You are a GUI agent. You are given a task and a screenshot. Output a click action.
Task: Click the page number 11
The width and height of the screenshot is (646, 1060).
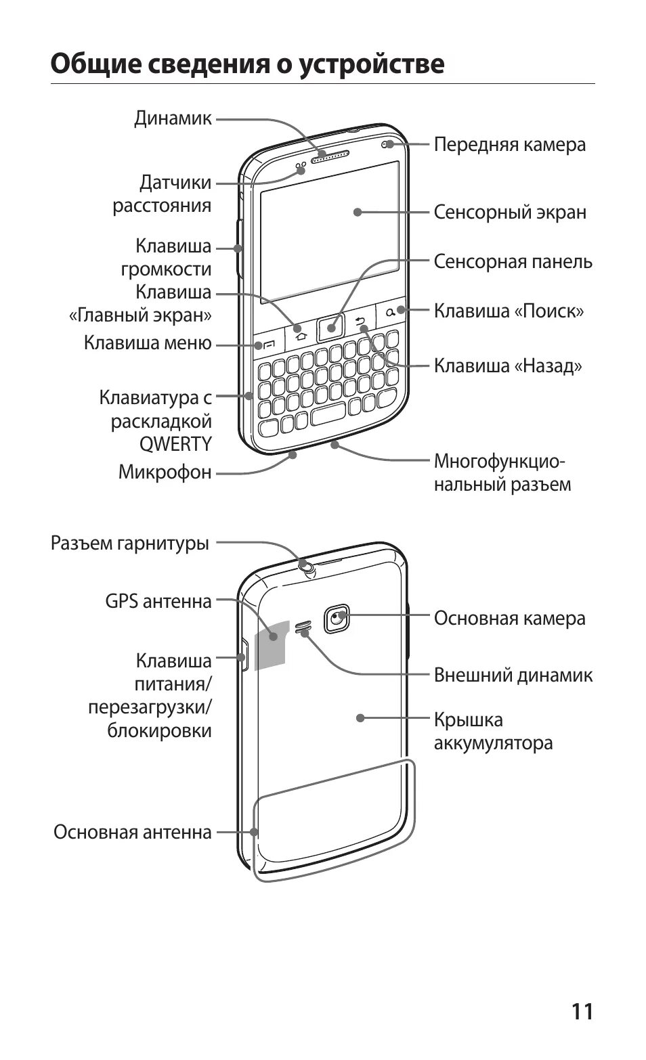click(582, 1011)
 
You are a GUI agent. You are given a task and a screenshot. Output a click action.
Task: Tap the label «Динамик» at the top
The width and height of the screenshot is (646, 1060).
click(173, 118)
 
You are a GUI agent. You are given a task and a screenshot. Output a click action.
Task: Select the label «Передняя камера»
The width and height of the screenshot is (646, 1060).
click(509, 144)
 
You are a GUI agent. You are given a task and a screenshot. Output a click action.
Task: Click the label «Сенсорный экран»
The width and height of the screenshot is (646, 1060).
click(509, 212)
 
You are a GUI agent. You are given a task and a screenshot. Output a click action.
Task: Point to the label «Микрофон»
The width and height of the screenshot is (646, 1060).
click(165, 472)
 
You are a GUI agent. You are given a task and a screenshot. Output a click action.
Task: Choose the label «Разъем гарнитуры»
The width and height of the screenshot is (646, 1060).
click(130, 543)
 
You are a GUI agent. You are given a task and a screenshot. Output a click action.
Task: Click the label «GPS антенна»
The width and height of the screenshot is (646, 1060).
click(158, 601)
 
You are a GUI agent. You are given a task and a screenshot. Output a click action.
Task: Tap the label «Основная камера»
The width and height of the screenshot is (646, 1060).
click(509, 618)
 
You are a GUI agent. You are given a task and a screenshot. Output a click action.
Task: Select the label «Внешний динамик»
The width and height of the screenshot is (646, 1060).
click(513, 675)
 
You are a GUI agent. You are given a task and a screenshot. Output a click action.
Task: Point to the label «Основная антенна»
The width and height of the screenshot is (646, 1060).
click(133, 832)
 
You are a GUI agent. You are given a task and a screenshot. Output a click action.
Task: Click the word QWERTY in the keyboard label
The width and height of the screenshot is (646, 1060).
click(175, 444)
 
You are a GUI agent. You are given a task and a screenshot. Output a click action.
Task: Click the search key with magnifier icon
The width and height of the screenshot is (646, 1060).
click(391, 312)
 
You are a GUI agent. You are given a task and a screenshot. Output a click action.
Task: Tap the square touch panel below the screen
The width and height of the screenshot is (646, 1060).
click(330, 328)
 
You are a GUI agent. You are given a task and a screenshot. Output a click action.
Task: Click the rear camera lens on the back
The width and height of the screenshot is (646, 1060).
click(337, 617)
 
